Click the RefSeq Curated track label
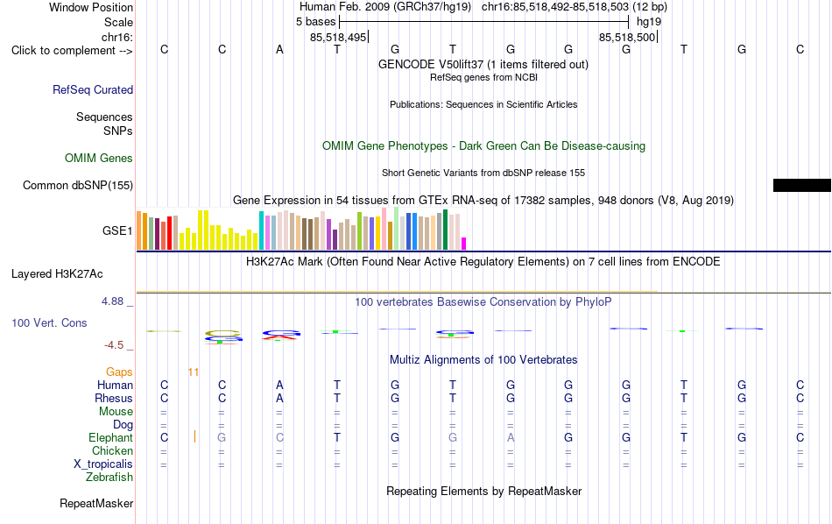tap(93, 89)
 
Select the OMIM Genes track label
tap(99, 159)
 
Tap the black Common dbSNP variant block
tap(801, 185)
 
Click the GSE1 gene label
tap(117, 230)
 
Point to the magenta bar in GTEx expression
tap(464, 244)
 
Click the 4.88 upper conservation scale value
tap(112, 301)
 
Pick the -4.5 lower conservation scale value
tap(114, 345)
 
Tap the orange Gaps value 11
tap(194, 372)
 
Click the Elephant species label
tap(110, 437)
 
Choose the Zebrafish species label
tap(109, 477)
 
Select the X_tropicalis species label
tap(103, 464)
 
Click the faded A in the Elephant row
tap(511, 437)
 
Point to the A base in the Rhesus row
tap(279, 398)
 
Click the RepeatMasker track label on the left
tap(96, 503)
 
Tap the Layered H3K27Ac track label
tap(57, 274)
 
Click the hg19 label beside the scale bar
tap(649, 22)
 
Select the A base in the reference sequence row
tap(279, 49)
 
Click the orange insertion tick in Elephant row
tap(194, 436)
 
